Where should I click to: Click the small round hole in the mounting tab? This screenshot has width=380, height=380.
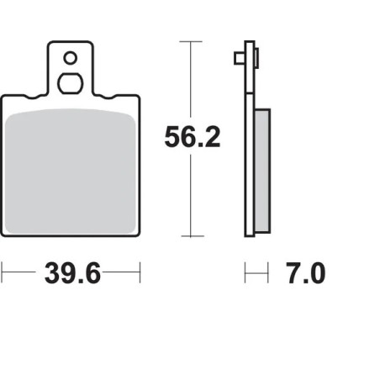click(x=70, y=58)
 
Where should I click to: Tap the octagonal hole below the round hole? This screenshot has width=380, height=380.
click(x=70, y=83)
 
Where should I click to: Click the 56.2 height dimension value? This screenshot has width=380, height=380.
click(x=192, y=137)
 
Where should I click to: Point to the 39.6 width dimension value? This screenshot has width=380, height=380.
click(x=71, y=273)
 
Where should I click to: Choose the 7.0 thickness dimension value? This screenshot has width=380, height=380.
click(x=305, y=273)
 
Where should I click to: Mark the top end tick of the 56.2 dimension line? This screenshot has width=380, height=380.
click(x=192, y=40)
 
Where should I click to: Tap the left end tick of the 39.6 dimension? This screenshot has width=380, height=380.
click(x=3, y=272)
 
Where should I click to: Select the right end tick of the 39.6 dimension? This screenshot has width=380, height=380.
click(x=140, y=272)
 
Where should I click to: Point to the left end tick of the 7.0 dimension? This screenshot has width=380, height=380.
click(x=245, y=272)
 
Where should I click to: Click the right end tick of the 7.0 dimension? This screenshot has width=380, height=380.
click(x=268, y=272)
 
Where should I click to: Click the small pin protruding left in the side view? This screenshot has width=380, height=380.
click(x=239, y=58)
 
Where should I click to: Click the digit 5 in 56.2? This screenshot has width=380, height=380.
click(x=173, y=137)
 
